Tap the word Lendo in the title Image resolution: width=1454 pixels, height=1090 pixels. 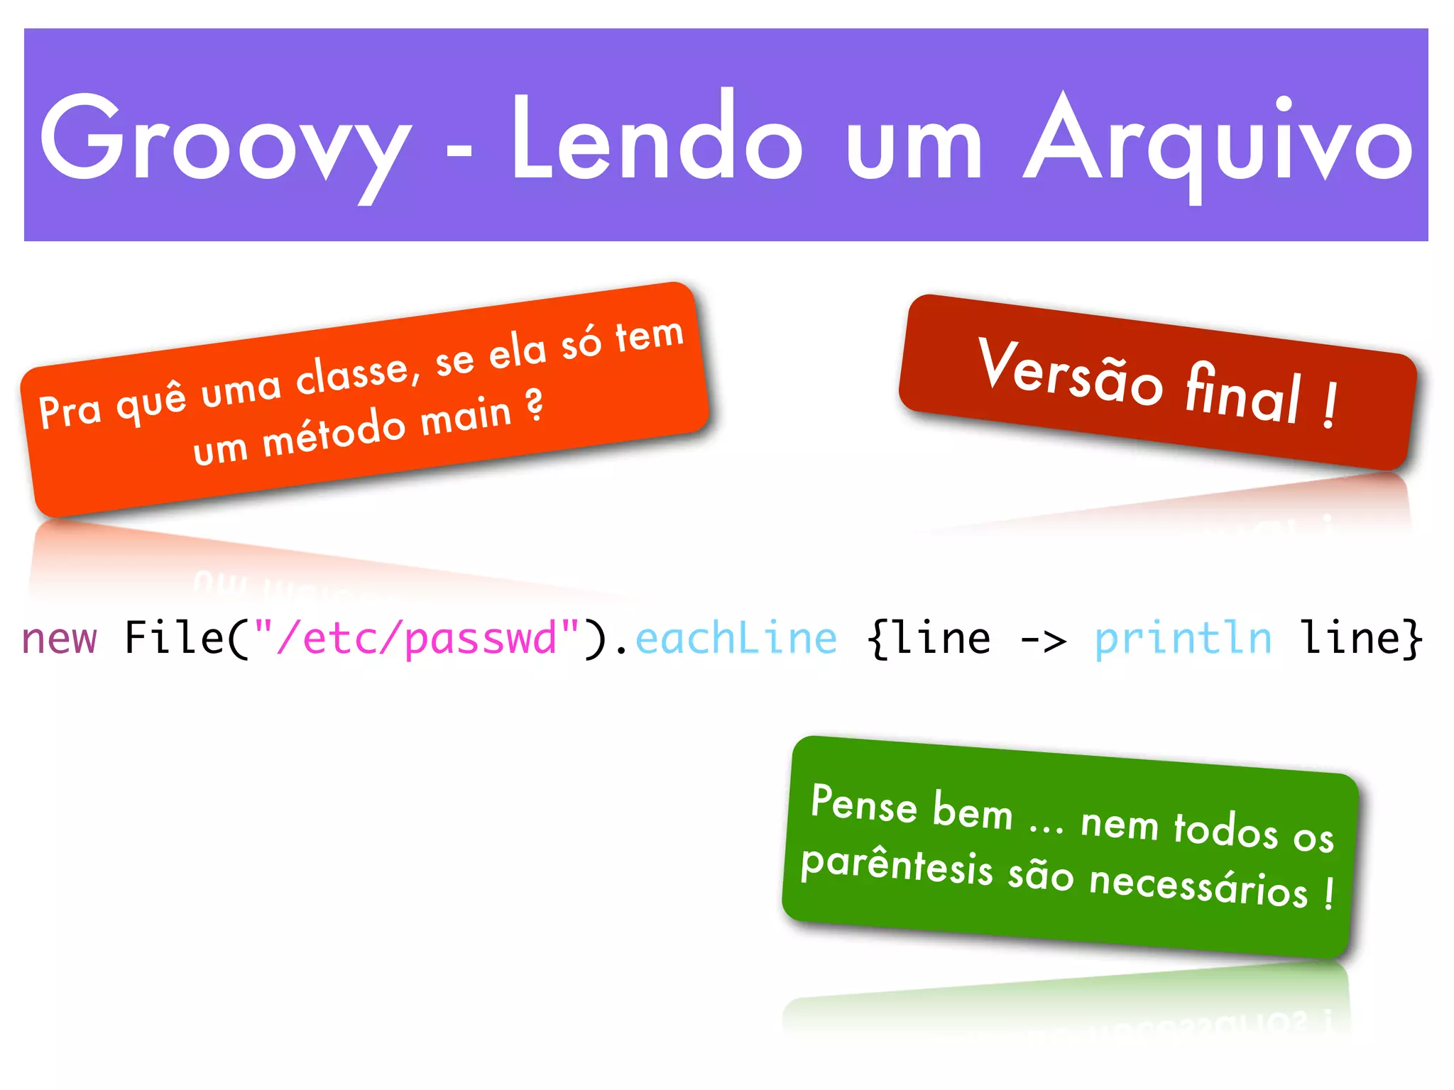pos(657,138)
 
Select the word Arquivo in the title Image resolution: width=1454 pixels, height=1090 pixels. pos(1218,142)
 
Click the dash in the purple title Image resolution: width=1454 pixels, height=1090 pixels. pos(460,150)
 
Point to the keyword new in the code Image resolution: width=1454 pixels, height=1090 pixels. pos(60,638)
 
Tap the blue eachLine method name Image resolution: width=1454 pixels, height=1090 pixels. pos(736,638)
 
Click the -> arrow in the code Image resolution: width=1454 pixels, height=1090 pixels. pos(1043,639)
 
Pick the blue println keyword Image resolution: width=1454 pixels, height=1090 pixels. pos(1183,638)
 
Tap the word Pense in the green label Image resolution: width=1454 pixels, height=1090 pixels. pos(864,805)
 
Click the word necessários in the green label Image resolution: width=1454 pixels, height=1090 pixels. pos(1198,886)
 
